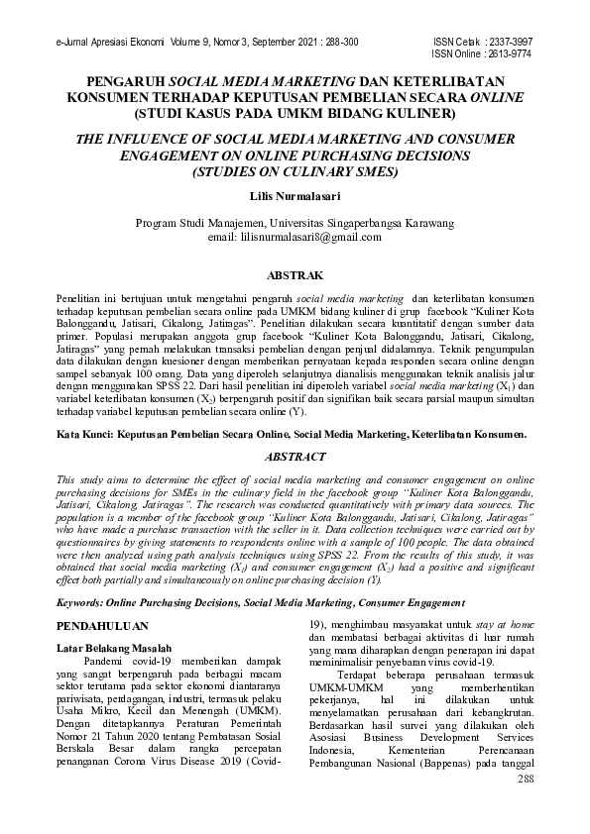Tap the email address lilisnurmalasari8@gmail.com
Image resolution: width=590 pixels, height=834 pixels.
point(295,238)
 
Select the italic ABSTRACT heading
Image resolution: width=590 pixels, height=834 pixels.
point(295,457)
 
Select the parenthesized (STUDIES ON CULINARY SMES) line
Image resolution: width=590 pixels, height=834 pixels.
point(295,171)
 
